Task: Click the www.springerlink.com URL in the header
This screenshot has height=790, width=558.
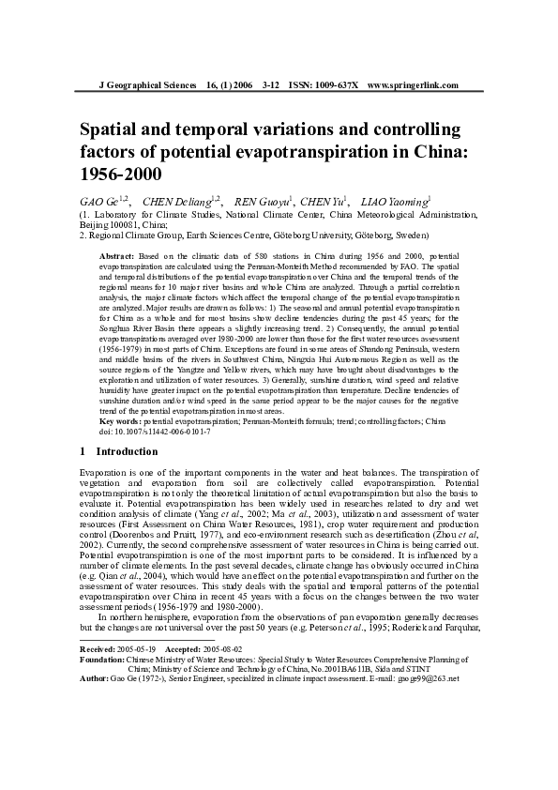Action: [413, 85]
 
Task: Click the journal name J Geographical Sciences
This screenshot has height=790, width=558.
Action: [145, 85]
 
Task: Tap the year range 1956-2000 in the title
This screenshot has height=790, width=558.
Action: [121, 174]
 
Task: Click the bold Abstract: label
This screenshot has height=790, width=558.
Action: [117, 255]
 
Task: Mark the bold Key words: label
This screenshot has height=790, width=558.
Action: [121, 421]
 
